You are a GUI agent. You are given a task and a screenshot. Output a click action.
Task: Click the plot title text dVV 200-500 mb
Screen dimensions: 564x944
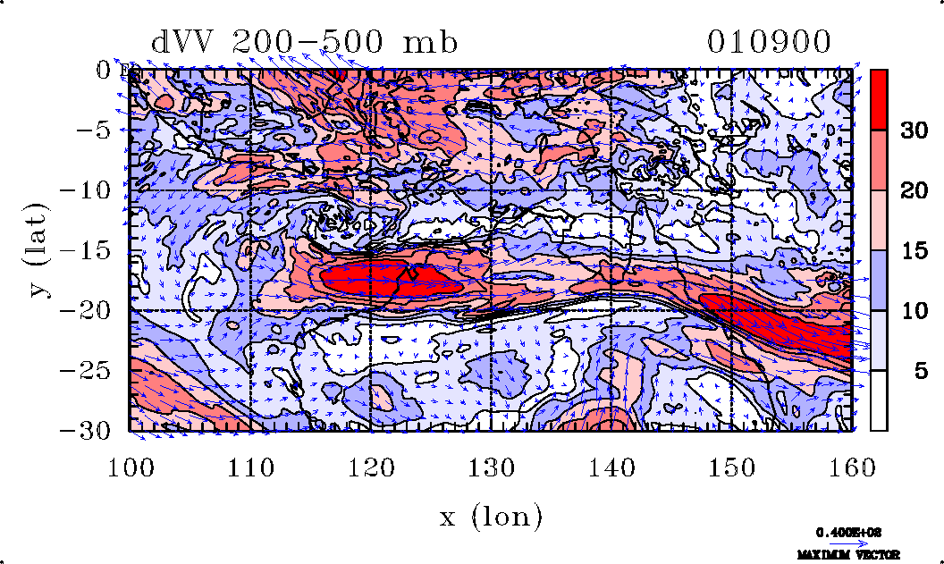point(304,42)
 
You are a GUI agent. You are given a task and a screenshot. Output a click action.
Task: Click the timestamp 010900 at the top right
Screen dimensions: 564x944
point(770,42)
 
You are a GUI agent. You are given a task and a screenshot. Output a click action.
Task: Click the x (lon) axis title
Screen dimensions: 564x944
point(491,517)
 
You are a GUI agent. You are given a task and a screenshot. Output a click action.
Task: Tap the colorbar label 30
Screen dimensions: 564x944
point(913,131)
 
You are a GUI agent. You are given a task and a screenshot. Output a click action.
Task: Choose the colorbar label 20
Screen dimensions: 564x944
point(913,191)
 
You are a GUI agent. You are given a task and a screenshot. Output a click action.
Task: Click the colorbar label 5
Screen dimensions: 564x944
point(919,371)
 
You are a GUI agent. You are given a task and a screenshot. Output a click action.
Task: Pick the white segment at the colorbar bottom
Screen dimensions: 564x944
point(879,400)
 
